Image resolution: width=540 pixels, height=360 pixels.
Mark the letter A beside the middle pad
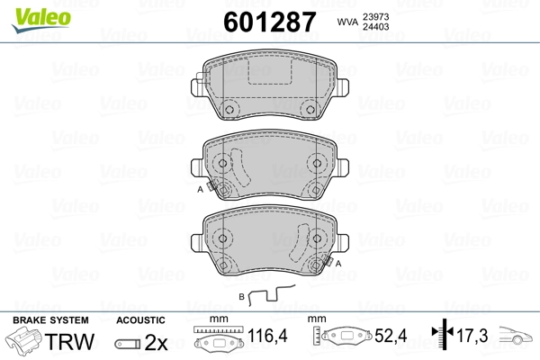pyautogui.click(x=200, y=190)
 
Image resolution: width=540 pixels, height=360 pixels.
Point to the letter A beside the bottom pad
pyautogui.click(x=339, y=264)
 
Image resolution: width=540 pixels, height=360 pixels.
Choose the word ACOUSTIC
pyautogui.click(x=139, y=320)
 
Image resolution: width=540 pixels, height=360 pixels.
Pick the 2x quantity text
pyautogui.click(x=157, y=343)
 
